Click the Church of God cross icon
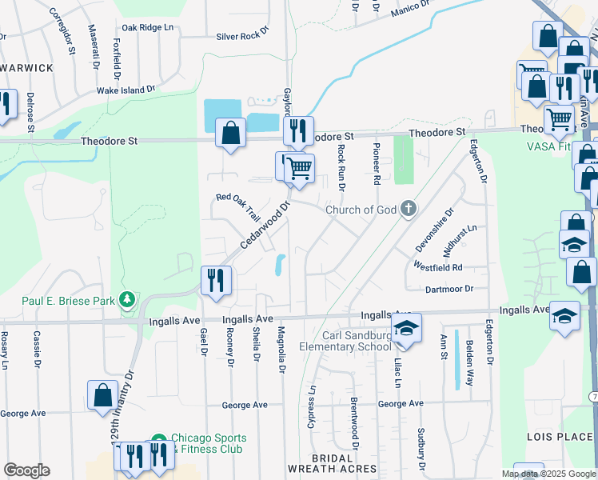click(409, 210)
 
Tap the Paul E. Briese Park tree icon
click(126, 300)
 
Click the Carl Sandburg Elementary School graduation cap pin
click(406, 328)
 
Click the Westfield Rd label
click(438, 266)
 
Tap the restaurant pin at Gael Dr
click(216, 279)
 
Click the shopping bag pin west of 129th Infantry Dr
click(102, 394)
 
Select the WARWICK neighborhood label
click(27, 68)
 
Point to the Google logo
click(26, 470)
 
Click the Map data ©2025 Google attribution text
click(548, 474)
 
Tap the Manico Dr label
click(411, 10)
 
